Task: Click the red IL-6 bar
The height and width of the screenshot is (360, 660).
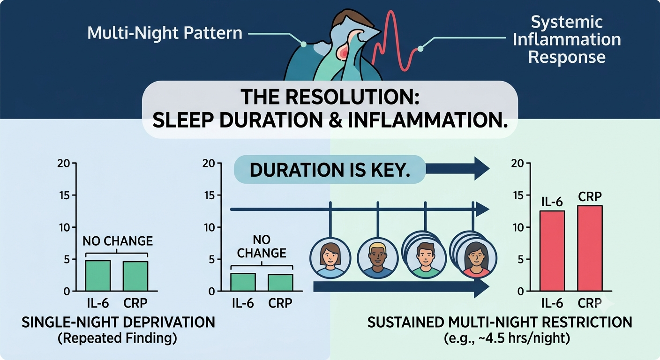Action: [x=552, y=251]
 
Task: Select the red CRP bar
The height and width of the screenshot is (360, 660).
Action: [x=590, y=248]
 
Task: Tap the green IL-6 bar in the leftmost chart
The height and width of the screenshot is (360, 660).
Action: [x=98, y=276]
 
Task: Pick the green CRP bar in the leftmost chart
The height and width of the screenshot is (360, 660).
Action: [x=135, y=277]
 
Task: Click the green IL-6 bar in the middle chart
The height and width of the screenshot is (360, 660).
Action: [x=243, y=282]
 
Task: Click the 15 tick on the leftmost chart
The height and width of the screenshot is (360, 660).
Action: [x=65, y=195]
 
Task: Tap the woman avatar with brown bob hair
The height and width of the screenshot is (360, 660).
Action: [x=330, y=258]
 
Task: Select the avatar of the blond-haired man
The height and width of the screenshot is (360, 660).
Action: [x=378, y=258]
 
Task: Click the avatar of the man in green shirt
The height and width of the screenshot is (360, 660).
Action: [x=426, y=258]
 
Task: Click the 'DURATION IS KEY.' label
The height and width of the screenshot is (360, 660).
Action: [x=330, y=170]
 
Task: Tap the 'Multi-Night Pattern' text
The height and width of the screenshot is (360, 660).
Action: [x=165, y=33]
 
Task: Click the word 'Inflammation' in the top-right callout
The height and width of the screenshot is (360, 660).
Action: [x=567, y=39]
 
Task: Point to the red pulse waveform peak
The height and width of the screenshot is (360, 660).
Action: [x=391, y=12]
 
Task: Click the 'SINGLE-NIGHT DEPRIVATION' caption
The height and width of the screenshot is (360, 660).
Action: [x=118, y=322]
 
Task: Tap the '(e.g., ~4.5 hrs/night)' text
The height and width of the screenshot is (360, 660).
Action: [x=507, y=338]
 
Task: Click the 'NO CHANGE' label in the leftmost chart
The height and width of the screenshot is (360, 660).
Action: [x=118, y=241]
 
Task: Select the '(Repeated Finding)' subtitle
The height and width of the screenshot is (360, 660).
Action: [x=117, y=338]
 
